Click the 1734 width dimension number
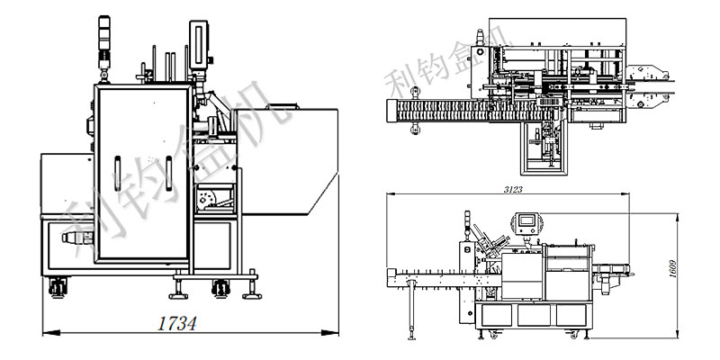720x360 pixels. [x=177, y=323]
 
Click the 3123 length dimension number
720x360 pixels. [x=513, y=190]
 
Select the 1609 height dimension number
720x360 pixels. [x=672, y=269]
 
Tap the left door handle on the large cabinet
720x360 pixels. [x=118, y=173]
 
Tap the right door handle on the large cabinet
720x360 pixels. [x=168, y=173]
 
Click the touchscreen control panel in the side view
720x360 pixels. [x=526, y=223]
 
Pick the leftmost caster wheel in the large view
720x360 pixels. [x=58, y=287]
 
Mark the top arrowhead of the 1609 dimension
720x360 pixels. [x=678, y=217]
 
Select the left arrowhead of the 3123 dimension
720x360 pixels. [x=391, y=193]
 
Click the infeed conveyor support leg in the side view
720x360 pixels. [x=411, y=310]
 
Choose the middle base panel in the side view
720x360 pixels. [x=534, y=316]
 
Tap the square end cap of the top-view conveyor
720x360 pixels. [x=391, y=111]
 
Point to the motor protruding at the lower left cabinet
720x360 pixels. [x=77, y=238]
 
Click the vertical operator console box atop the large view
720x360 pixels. [x=199, y=45]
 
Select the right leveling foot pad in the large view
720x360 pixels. [x=252, y=296]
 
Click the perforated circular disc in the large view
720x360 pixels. [x=207, y=197]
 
